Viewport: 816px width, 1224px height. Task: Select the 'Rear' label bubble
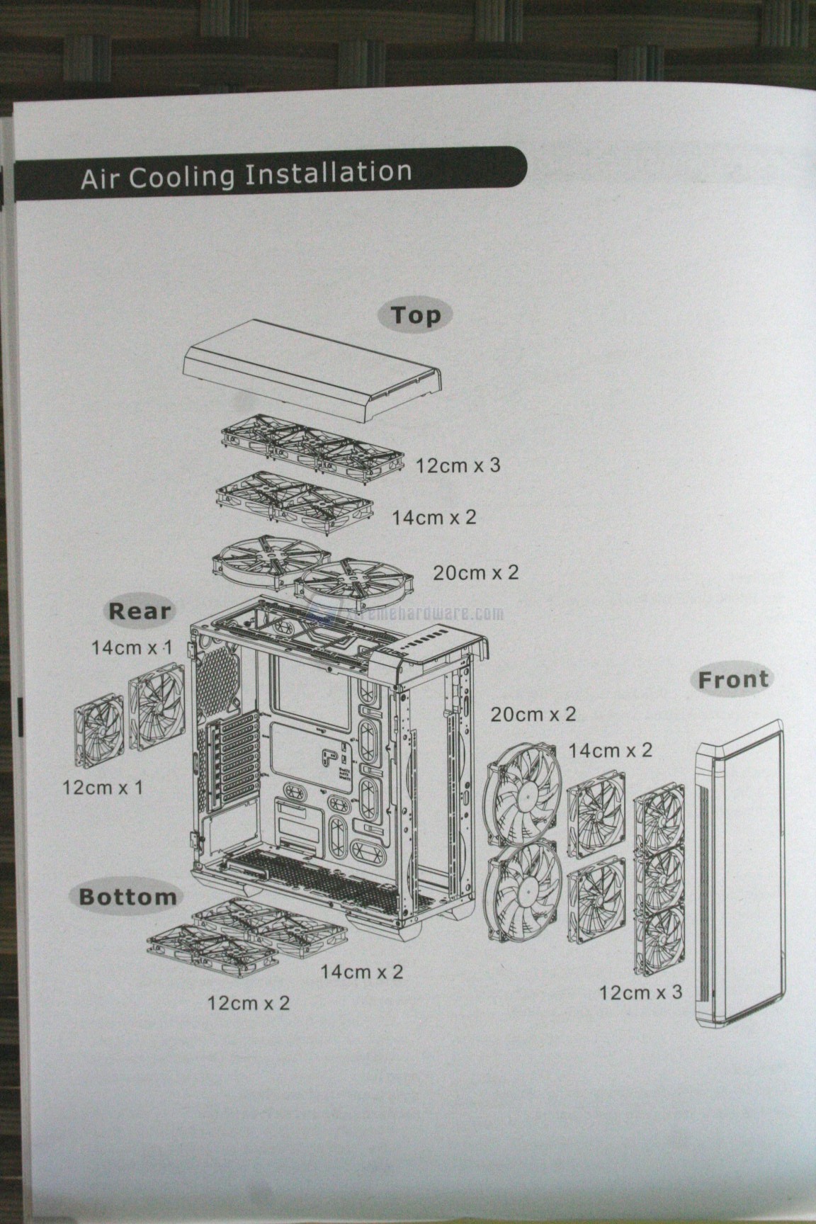(x=139, y=611)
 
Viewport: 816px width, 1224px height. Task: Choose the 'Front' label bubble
(x=732, y=680)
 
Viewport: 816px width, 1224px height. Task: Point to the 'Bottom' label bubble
(x=127, y=897)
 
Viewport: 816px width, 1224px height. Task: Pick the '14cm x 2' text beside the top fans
(x=433, y=517)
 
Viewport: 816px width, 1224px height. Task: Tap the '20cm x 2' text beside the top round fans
(x=475, y=572)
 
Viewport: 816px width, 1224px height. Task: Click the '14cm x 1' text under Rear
(x=132, y=647)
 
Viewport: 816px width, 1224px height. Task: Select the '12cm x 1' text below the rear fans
(x=102, y=787)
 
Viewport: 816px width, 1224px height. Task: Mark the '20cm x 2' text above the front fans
(x=533, y=714)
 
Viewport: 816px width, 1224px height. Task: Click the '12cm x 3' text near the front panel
(x=640, y=992)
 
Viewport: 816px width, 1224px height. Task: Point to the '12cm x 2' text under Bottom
(x=248, y=1002)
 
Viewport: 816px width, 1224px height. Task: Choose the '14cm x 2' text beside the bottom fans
(x=361, y=971)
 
